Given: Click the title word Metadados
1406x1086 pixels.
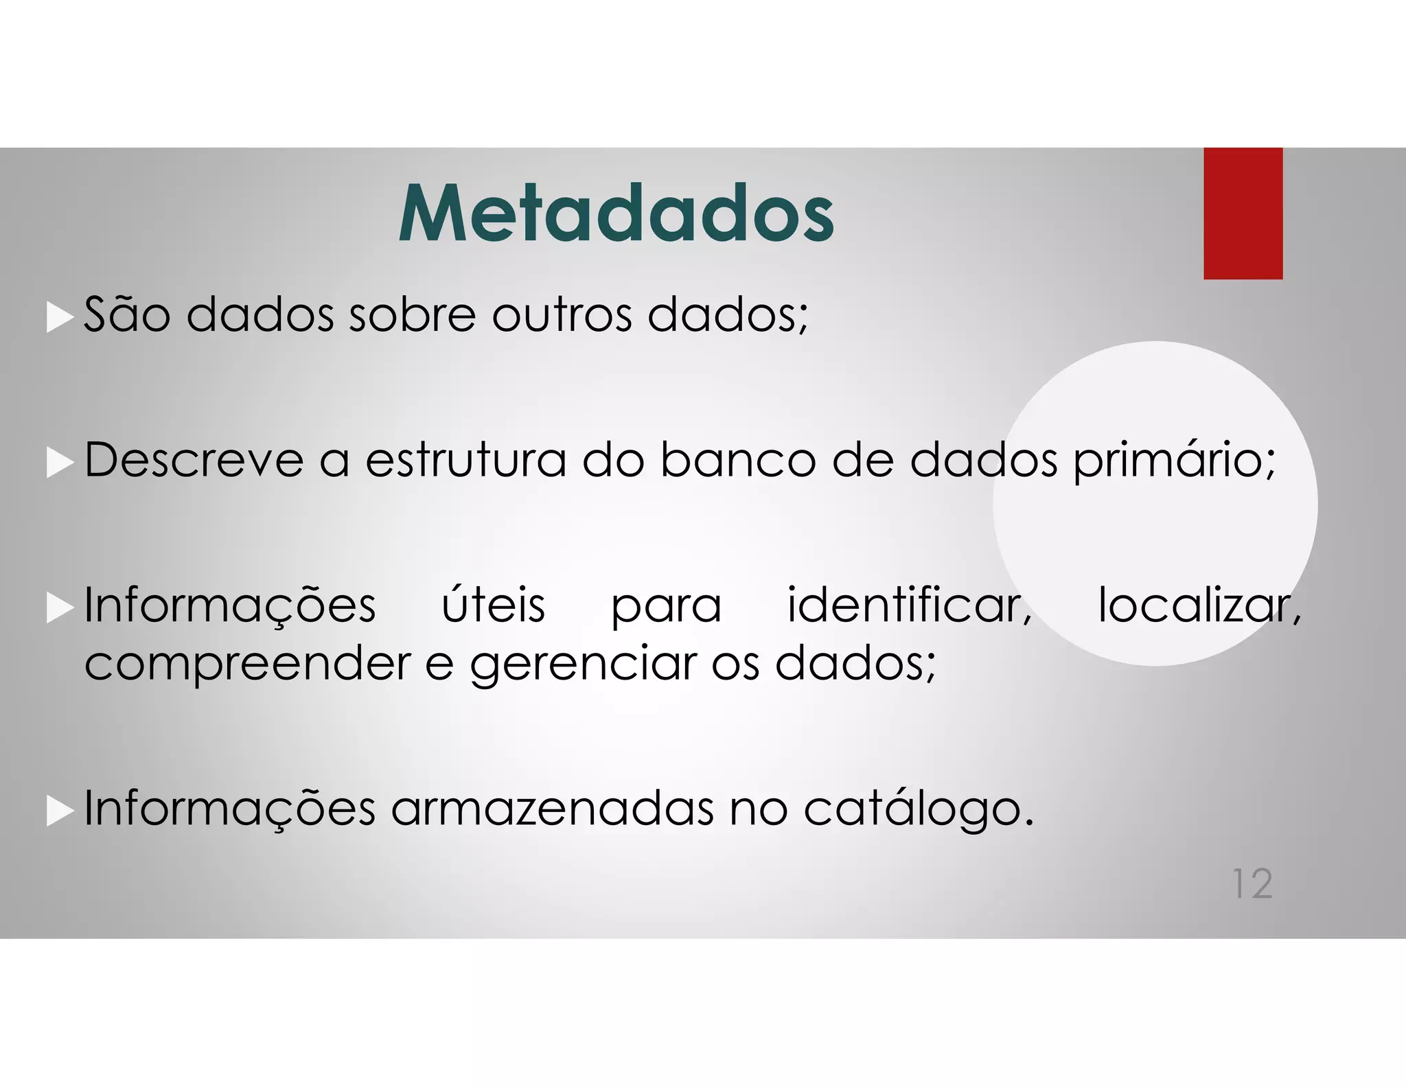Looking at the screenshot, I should tap(616, 213).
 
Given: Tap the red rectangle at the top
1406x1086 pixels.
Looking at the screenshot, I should tap(1243, 213).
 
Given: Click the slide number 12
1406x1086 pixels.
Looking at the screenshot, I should tap(1252, 883).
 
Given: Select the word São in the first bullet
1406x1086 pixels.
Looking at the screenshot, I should tap(127, 314).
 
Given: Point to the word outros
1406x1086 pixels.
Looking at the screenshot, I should tap(562, 314).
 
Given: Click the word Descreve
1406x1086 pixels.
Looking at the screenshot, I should tap(194, 459).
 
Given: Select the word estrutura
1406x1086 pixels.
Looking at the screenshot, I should tap(465, 459).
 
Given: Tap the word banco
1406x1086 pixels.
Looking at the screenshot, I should tap(738, 459).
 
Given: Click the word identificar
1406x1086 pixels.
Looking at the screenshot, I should tap(909, 605).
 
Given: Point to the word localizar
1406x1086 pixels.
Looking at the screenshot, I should tap(1199, 605).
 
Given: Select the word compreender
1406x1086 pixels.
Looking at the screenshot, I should tap(247, 665).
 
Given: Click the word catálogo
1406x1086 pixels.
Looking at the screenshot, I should tap(917, 809).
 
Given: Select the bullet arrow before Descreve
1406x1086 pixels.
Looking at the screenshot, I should tap(60, 463).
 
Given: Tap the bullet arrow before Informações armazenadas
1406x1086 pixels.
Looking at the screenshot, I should tap(60, 812).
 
